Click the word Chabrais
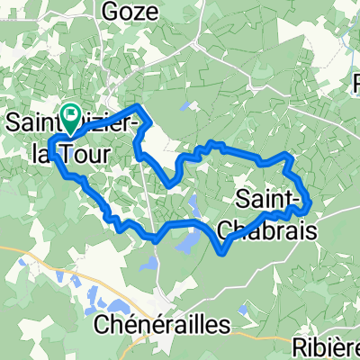(x=276, y=231)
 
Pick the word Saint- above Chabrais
(x=270, y=196)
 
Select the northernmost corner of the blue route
(x=138, y=106)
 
